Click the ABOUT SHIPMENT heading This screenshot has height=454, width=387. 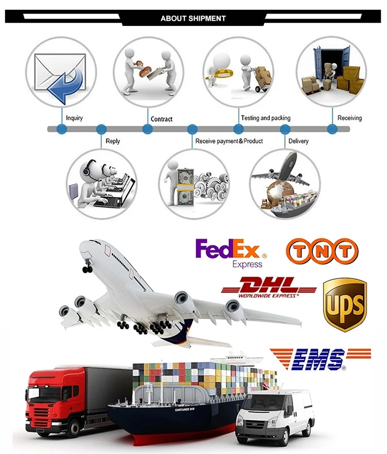(193, 18)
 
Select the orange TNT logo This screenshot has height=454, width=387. (321, 251)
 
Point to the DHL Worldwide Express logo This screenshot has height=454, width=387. (268, 287)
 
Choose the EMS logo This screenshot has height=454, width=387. (320, 359)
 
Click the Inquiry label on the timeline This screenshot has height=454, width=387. (74, 118)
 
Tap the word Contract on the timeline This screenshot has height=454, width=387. (162, 119)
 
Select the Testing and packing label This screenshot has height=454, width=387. (266, 118)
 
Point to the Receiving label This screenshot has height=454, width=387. (349, 118)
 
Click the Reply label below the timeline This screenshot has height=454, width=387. (112, 141)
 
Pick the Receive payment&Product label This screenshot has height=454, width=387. (229, 141)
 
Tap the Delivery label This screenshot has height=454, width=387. (298, 141)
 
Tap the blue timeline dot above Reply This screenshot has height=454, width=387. (101, 129)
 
